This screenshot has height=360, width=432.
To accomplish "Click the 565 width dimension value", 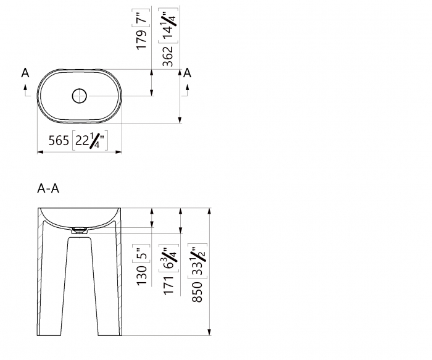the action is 59,141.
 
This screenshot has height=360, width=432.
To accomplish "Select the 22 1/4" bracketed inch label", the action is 90,140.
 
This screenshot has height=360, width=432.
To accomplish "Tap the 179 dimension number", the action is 141,40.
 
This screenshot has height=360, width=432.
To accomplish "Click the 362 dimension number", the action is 168,57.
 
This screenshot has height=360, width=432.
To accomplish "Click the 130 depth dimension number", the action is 141,275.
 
